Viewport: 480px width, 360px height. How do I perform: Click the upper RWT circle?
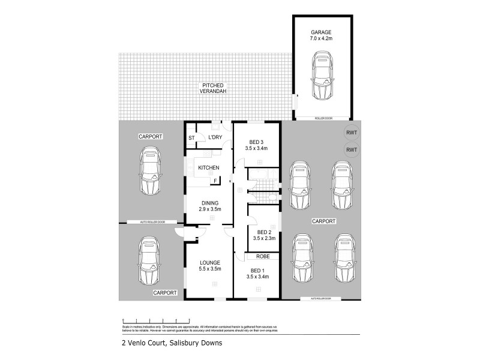(x=351, y=133)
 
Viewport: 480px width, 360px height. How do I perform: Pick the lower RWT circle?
(x=351, y=149)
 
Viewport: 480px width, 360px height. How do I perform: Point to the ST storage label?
(x=192, y=138)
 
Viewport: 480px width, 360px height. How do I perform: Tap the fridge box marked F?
(x=215, y=181)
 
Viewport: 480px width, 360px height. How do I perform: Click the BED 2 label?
(x=265, y=235)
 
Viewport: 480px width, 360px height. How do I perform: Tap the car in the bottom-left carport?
(x=149, y=262)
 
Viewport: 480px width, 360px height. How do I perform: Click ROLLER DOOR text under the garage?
(x=322, y=119)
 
